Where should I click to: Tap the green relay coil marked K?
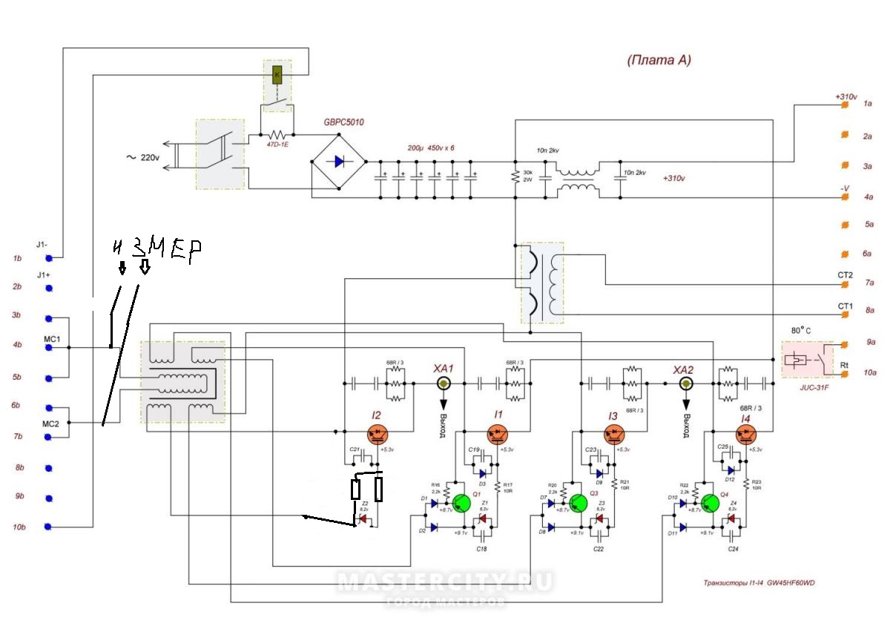pos(277,74)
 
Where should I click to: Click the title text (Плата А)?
pos(659,61)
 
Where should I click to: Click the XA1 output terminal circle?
pos(444,383)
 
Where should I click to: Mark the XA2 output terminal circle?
pos(686,383)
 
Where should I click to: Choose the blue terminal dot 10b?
pos(49,527)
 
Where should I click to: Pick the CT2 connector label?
pos(845,274)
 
